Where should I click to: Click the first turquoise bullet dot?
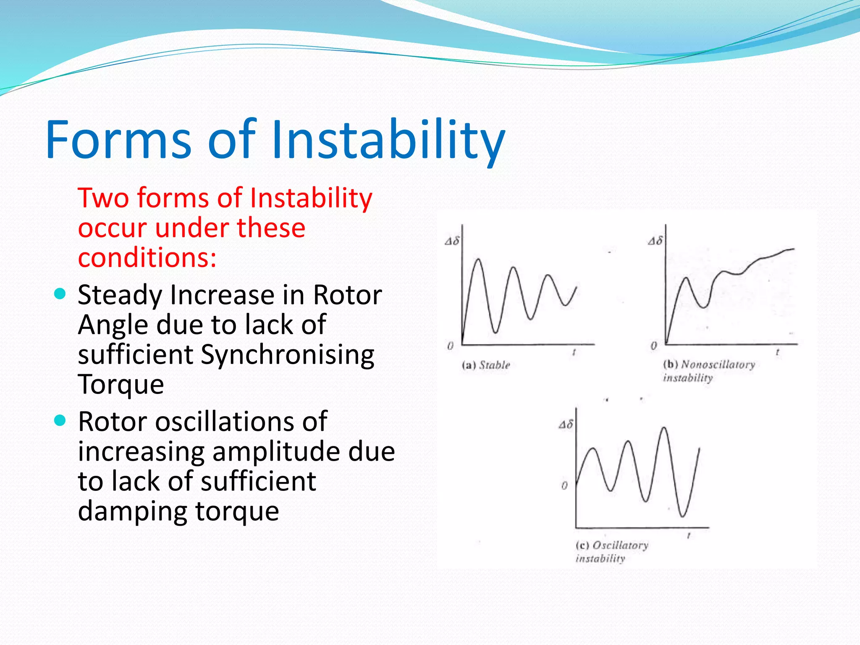click(60, 294)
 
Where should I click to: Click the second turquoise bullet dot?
click(60, 420)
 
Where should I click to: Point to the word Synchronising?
click(287, 354)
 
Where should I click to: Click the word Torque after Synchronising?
click(121, 384)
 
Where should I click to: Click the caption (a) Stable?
click(486, 364)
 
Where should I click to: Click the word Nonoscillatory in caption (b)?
click(718, 364)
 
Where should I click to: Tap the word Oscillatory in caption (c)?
click(620, 545)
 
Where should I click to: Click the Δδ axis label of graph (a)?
click(452, 241)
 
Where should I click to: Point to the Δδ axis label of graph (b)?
click(655, 241)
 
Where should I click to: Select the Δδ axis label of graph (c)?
click(566, 424)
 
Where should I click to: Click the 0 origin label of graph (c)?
click(564, 485)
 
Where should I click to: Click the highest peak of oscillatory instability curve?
click(664, 428)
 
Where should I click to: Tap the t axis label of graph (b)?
click(777, 352)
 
